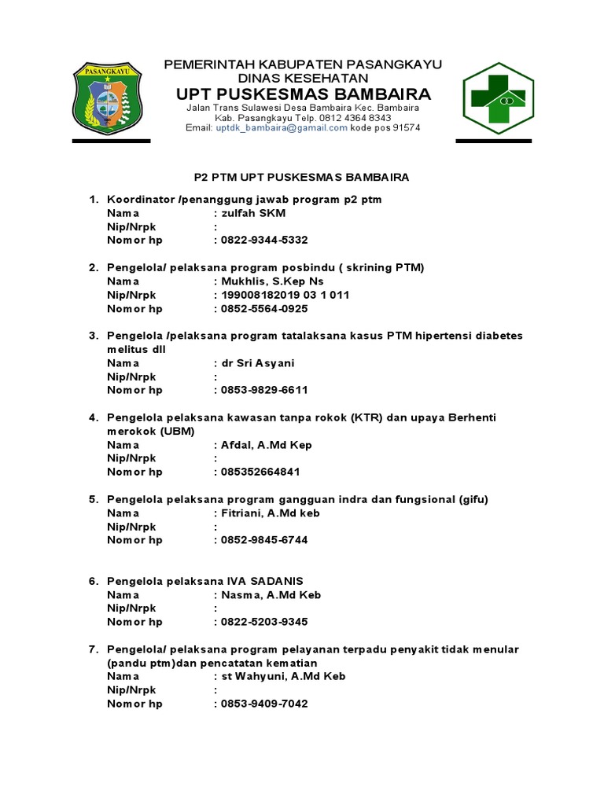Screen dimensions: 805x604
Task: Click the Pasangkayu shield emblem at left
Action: point(111,100)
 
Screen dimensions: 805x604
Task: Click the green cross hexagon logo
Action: point(497,98)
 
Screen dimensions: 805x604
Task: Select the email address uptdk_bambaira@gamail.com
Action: point(282,127)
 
